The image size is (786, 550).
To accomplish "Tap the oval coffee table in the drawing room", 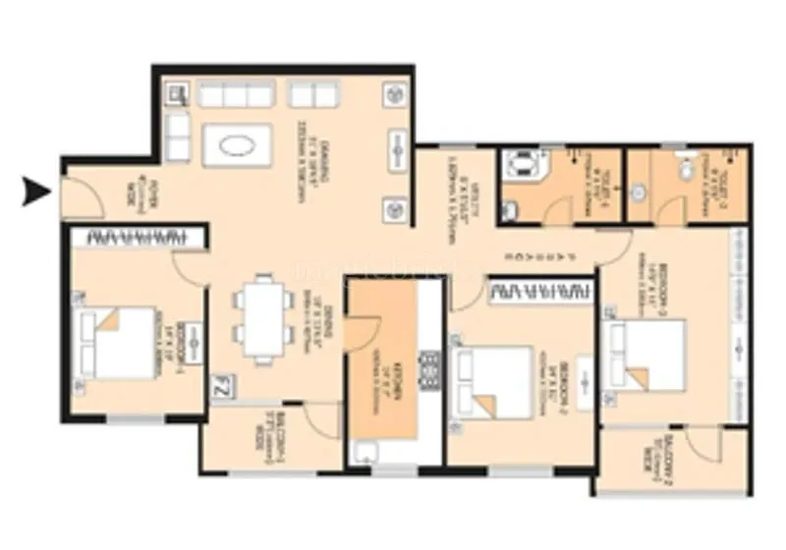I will pyautogui.click(x=240, y=146).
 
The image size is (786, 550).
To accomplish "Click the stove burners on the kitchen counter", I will pyautogui.click(x=428, y=368).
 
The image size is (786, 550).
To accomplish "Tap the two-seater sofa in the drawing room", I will pyautogui.click(x=313, y=94).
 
